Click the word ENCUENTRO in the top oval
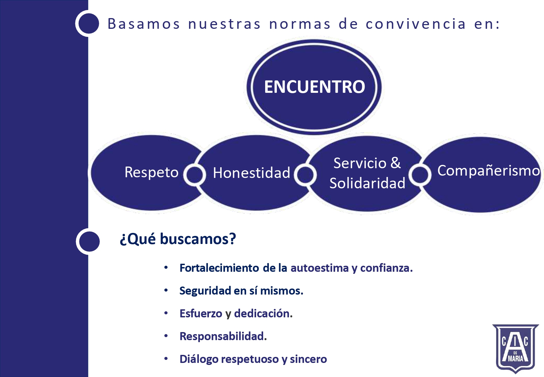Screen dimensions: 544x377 [314, 87]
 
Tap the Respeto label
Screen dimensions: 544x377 [152, 173]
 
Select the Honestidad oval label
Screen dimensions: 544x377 [252, 173]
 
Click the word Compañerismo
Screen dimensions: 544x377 [488, 171]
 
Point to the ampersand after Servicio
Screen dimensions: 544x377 [395, 163]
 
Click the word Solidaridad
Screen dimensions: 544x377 [368, 183]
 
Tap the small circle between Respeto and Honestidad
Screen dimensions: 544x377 [195, 175]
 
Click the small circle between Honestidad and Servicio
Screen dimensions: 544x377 [305, 175]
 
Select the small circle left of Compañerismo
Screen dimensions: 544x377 [420, 175]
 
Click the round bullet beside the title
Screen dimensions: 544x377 [89, 23]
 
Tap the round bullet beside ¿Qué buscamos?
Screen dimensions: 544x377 [89, 241]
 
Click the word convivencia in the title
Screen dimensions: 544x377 [415, 24]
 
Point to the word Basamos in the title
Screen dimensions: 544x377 [144, 24]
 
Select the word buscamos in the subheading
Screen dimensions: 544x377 [198, 239]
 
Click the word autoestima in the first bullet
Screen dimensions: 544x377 [320, 268]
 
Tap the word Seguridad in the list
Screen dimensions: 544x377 [205, 291]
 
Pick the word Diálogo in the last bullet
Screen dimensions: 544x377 [199, 359]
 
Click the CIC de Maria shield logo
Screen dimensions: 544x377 [516, 349]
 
